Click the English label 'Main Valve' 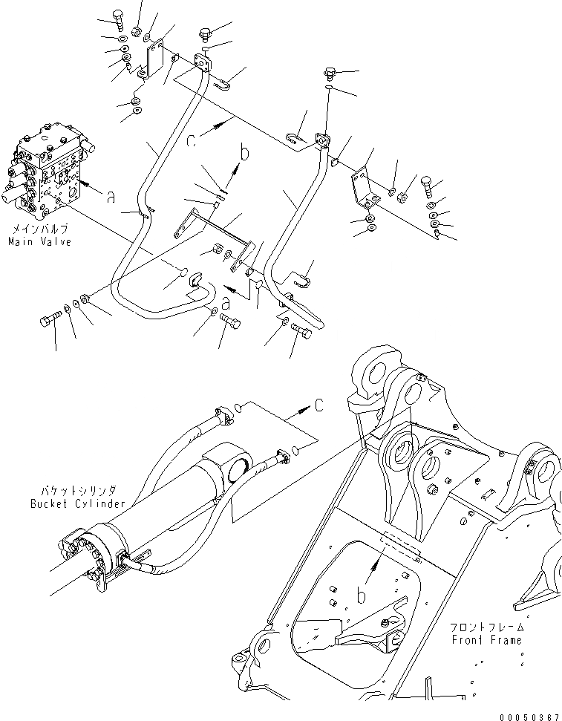(39, 243)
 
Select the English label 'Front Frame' (486, 639)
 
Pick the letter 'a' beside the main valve (111, 197)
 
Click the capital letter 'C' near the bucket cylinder (318, 405)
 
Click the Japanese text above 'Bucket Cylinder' (77, 492)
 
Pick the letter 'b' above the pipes (244, 156)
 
